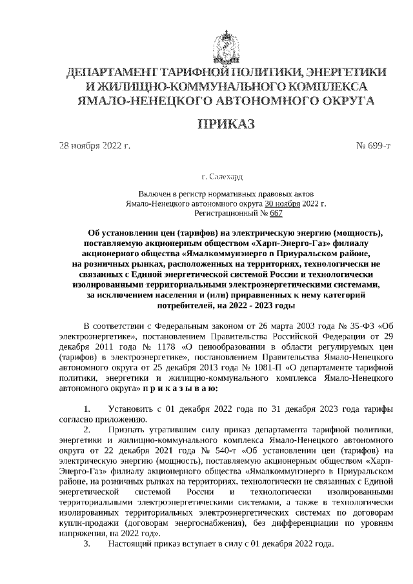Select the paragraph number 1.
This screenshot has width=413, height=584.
(x=87, y=409)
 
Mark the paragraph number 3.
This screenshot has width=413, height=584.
(x=87, y=544)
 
